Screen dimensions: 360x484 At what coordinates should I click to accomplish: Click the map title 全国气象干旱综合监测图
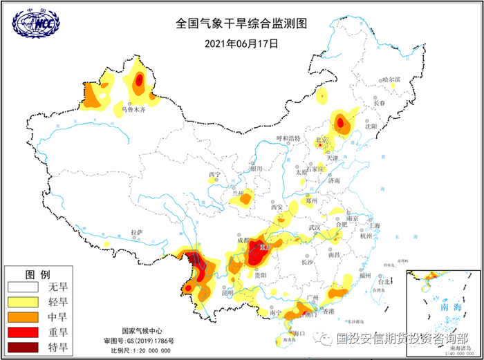pyautogui.click(x=241, y=23)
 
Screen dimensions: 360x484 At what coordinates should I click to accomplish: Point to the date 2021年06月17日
pyautogui.click(x=241, y=43)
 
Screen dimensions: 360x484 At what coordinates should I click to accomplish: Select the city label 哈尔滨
pyautogui.click(x=391, y=79)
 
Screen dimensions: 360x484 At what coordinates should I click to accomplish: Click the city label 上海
pyautogui.click(x=374, y=225)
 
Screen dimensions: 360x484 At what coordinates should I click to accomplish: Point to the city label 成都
pyautogui.click(x=241, y=241)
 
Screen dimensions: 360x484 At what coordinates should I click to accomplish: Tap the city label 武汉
pyautogui.click(x=315, y=228)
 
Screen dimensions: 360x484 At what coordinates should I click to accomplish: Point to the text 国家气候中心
pyautogui.click(x=145, y=331)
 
